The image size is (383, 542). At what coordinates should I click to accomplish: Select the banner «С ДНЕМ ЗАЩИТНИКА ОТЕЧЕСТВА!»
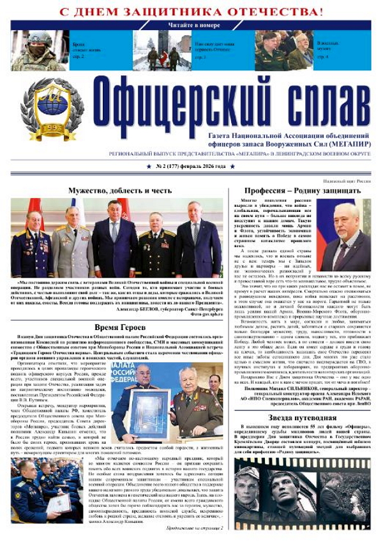pyautogui.click(x=191, y=11)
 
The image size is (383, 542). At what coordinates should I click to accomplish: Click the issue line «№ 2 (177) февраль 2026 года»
pyautogui.click(x=191, y=167)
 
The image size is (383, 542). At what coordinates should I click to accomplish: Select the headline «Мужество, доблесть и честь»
pyautogui.click(x=120, y=190)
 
